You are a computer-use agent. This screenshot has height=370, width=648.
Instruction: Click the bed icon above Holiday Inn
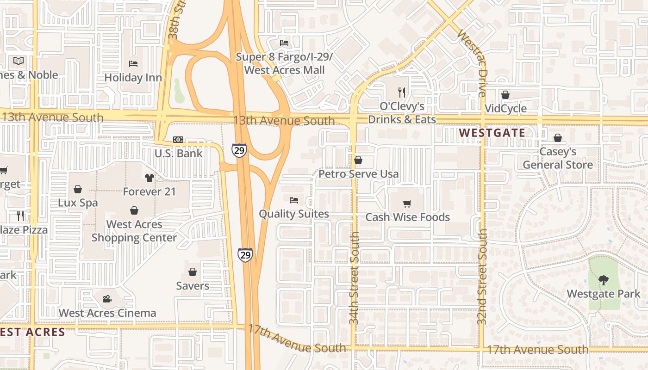click(x=133, y=64)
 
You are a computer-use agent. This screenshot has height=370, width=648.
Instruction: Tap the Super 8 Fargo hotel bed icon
click(x=284, y=43)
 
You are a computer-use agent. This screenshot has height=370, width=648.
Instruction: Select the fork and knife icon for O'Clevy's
click(x=402, y=92)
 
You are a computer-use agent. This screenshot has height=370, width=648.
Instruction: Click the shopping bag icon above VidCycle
click(x=505, y=95)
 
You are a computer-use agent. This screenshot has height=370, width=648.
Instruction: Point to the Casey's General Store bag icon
click(x=558, y=138)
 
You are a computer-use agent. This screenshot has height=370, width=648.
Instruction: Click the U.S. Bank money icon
click(x=178, y=140)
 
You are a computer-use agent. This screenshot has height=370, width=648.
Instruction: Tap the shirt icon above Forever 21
click(x=149, y=178)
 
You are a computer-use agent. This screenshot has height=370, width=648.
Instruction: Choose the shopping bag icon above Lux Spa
click(x=78, y=189)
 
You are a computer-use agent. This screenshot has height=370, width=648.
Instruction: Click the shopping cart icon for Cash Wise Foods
click(x=407, y=203)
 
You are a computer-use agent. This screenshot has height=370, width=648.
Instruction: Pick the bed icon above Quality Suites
click(x=294, y=200)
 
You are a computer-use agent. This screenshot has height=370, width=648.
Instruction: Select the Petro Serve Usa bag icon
click(x=358, y=160)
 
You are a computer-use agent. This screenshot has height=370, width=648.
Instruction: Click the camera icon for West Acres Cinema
click(x=107, y=299)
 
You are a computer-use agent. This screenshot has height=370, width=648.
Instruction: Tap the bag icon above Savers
click(x=193, y=272)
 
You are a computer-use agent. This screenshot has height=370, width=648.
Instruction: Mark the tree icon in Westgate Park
click(x=603, y=280)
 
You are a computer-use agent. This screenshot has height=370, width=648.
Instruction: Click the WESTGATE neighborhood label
click(x=492, y=133)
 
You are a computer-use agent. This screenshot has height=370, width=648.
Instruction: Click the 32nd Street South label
click(x=482, y=276)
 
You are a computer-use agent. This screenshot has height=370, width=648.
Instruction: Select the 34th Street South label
click(x=354, y=277)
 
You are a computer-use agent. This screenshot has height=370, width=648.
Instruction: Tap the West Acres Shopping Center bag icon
click(x=134, y=211)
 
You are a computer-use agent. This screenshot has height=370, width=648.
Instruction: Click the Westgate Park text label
click(x=604, y=294)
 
